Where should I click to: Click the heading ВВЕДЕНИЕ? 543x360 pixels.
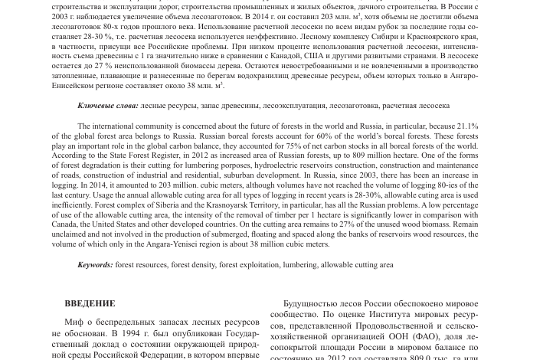coord(90,303)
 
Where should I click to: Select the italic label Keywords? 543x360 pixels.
coord(95,265)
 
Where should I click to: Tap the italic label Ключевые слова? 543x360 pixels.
coord(108,106)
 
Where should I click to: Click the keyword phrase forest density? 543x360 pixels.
coord(192,265)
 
